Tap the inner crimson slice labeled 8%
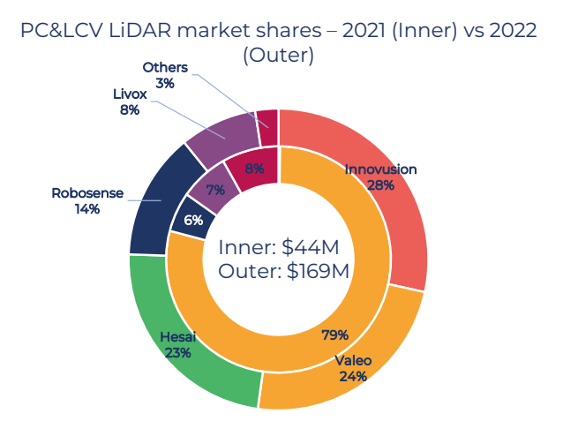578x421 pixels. click(254, 169)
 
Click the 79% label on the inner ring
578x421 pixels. click(335, 335)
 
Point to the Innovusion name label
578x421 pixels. click(380, 169)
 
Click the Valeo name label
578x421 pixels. click(354, 360)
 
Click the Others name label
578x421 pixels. click(165, 67)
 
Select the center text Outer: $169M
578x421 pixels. click(283, 272)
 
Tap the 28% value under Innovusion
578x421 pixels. click(381, 185)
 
